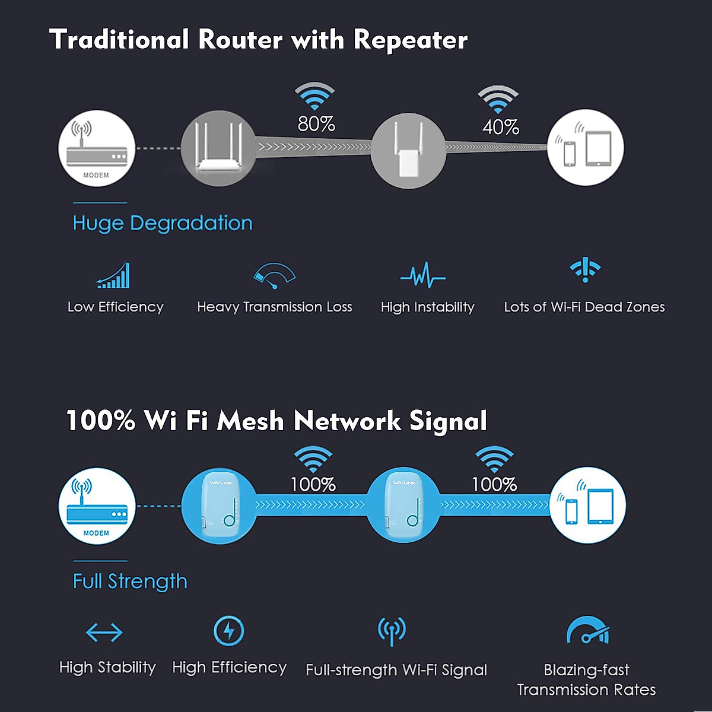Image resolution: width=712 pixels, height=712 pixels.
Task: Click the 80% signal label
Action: [x=316, y=124]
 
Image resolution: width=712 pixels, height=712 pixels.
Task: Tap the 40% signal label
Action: [x=500, y=127]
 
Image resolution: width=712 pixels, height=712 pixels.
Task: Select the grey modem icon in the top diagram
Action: [x=96, y=148]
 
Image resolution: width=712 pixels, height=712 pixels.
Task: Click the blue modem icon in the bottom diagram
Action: [x=96, y=506]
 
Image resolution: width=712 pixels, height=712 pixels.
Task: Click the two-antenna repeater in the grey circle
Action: [x=408, y=151]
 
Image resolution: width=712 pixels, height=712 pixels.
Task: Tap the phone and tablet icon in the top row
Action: [x=584, y=148]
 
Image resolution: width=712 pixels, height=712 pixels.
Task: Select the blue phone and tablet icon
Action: [x=587, y=506]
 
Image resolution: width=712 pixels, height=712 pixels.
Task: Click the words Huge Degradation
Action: [x=162, y=223]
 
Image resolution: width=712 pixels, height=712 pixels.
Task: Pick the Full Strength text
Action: [x=130, y=581]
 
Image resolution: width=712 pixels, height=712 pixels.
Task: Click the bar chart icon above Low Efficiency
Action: [x=113, y=276]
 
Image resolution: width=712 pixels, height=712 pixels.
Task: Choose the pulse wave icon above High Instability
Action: [x=422, y=276]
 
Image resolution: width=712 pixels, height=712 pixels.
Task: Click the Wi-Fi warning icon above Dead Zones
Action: [x=585, y=270]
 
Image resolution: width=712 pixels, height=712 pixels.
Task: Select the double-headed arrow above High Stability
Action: [x=104, y=632]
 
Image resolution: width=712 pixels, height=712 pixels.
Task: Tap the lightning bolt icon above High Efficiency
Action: [x=228, y=631]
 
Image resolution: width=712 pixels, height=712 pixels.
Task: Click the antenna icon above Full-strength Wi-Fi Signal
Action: [x=392, y=631]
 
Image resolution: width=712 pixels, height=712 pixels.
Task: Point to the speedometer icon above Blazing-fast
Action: [x=587, y=632]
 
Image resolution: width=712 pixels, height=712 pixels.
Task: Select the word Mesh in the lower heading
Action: [x=250, y=421]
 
